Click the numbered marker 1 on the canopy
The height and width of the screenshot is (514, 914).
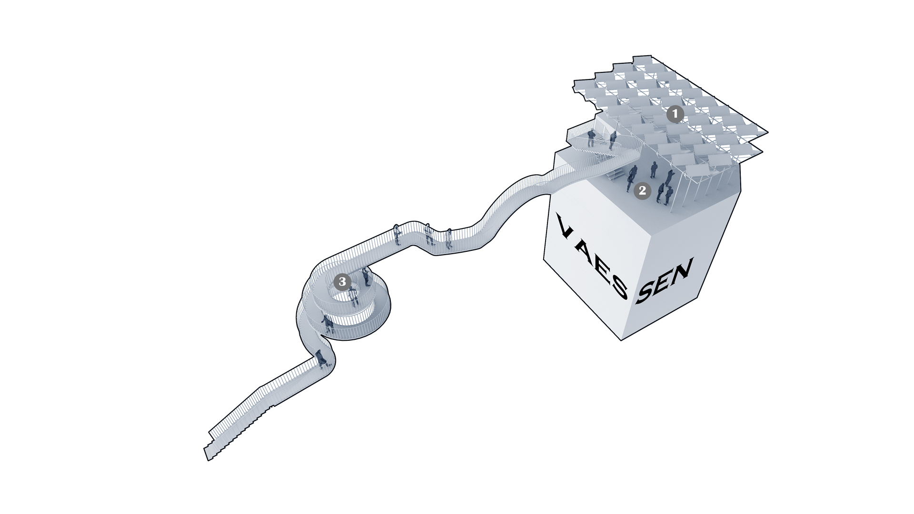click(x=675, y=114)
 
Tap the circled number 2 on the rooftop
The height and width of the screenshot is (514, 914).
click(x=642, y=191)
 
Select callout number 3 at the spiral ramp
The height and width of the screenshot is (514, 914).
click(x=342, y=282)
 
